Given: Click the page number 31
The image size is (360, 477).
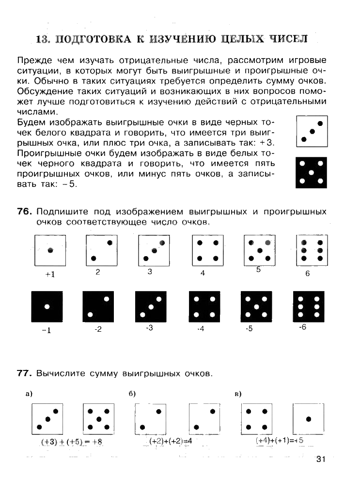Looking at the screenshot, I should click(x=321, y=459).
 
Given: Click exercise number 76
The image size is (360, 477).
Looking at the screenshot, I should click(x=24, y=212).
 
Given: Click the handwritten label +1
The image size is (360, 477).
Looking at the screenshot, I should click(x=50, y=274).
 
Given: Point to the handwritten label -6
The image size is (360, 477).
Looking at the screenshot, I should click(x=303, y=327).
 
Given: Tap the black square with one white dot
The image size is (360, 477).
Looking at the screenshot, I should click(x=47, y=307).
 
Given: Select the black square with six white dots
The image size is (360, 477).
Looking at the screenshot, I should click(x=309, y=307).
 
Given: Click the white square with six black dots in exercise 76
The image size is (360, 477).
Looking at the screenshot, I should click(x=309, y=250).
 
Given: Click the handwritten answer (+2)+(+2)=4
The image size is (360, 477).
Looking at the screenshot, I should click(x=171, y=441).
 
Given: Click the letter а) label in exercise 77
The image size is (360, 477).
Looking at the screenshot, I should click(x=29, y=394).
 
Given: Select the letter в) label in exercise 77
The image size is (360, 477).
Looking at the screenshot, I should click(x=238, y=394).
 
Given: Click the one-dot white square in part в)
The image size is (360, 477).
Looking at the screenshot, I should click(x=308, y=419).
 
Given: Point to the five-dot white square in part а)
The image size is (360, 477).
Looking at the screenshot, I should click(x=98, y=419).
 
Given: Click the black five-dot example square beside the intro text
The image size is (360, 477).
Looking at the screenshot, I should click(x=311, y=172).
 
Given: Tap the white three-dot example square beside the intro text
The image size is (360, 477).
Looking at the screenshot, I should click(x=311, y=131).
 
